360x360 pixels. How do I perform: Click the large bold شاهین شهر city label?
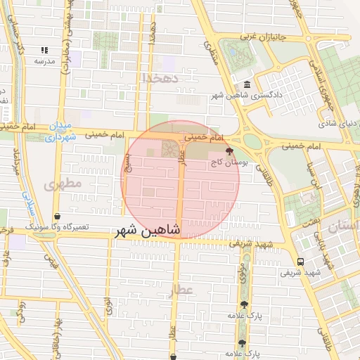(x=148, y=231)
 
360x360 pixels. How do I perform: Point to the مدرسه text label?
(x=45, y=61)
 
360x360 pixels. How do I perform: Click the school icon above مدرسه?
(x=45, y=50)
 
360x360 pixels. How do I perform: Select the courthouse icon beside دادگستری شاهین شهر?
(x=245, y=84)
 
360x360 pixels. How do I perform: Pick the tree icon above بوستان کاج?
(x=228, y=150)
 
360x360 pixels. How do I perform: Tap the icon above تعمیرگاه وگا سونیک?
(x=56, y=216)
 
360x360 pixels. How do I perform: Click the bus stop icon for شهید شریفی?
(x=301, y=262)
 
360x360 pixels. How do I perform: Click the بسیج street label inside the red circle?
(x=128, y=162)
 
